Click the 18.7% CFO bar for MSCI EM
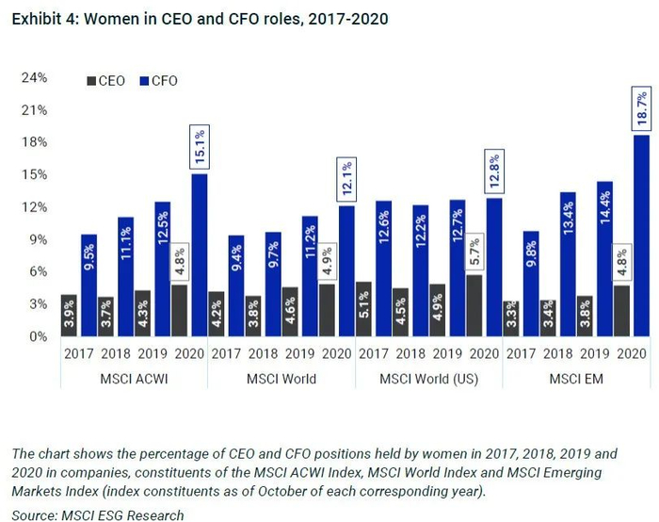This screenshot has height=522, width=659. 641,236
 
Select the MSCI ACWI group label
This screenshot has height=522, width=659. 133,378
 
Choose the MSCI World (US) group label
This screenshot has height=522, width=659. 428,378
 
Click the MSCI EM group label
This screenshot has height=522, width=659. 575,378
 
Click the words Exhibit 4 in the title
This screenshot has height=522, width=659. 45,18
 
